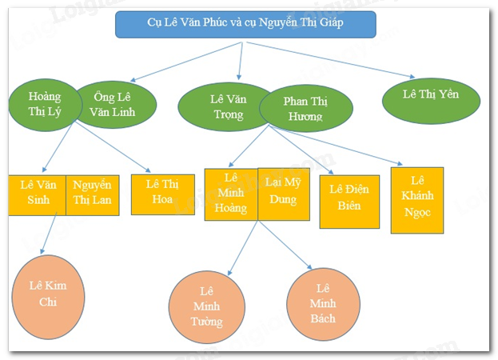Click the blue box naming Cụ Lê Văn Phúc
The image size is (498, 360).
coord(244,26)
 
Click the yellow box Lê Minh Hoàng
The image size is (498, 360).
coord(231,194)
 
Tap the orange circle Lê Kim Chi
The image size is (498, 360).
coord(48,293)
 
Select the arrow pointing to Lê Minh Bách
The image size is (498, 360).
coord(285,246)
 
